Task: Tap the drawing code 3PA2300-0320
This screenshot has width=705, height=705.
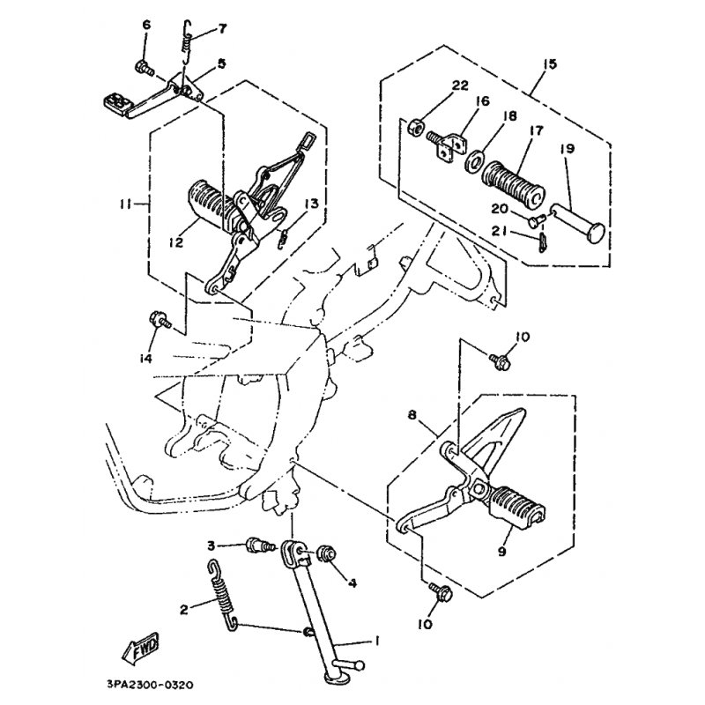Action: tap(150, 686)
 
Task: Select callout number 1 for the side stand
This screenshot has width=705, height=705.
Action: tap(376, 641)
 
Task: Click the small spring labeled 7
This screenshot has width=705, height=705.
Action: tap(188, 44)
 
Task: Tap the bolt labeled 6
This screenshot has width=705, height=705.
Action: tap(144, 69)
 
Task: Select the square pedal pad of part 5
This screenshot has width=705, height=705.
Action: tap(116, 102)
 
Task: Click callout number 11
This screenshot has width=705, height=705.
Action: tap(125, 205)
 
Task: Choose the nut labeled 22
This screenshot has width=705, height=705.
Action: tap(415, 127)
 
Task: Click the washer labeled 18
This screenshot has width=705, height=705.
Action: tap(473, 161)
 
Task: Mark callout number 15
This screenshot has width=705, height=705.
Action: tap(549, 63)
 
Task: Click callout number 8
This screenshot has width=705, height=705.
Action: tap(412, 415)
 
